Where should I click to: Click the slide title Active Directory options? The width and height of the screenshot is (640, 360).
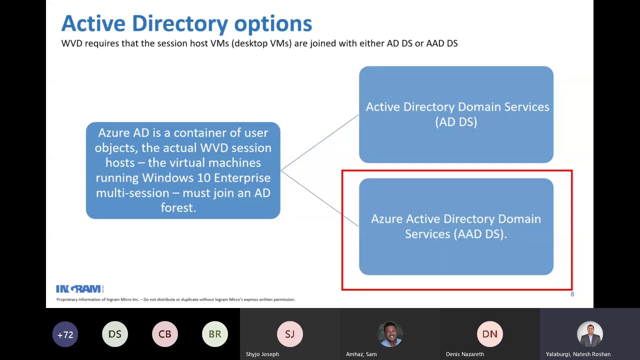point(186,24)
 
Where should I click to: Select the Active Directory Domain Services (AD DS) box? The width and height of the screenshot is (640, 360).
point(456,114)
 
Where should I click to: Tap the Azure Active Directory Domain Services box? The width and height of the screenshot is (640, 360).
point(456,226)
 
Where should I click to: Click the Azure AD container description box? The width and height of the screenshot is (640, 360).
point(183,170)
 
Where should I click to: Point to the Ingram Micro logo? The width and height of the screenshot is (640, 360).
point(79,289)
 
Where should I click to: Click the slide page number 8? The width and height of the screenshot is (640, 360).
point(572,294)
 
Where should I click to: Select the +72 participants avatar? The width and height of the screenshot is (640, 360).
point(65,334)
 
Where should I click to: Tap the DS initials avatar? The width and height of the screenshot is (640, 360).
point(115,334)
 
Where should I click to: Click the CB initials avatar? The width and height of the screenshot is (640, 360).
point(165,334)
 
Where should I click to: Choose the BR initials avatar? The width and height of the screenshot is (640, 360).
point(215,334)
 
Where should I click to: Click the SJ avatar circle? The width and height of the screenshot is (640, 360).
point(290,334)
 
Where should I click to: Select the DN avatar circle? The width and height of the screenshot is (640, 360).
point(490,334)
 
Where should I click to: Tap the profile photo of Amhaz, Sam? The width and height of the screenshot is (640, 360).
point(390,334)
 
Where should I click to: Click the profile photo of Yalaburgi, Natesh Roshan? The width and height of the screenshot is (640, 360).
point(590,334)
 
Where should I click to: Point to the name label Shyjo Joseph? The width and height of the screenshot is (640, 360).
point(262,354)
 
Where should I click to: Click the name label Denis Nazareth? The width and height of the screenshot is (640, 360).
point(465,354)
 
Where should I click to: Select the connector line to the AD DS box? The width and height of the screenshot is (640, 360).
point(320,142)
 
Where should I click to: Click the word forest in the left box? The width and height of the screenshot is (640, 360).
point(178,207)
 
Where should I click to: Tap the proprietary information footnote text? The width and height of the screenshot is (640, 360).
point(175,299)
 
